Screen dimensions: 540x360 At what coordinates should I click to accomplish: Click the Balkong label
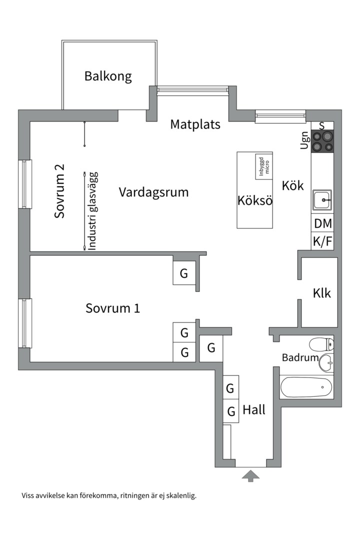tap(108, 76)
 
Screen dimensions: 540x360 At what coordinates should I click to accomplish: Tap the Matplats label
tap(195, 124)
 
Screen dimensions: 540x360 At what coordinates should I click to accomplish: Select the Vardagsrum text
tap(153, 192)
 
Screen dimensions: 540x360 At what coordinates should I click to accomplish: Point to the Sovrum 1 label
tap(112, 308)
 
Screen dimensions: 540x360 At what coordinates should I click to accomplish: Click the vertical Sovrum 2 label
tap(60, 191)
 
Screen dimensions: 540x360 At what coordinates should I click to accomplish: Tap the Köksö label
tap(255, 201)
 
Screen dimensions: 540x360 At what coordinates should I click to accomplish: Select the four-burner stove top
tap(322, 140)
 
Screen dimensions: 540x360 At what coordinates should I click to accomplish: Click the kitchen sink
tap(322, 200)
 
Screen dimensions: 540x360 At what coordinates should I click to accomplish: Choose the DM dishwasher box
tap(322, 223)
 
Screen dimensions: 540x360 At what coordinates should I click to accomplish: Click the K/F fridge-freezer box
tap(322, 242)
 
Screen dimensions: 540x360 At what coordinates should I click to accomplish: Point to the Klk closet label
tap(321, 293)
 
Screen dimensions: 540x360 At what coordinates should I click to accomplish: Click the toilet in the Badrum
tap(321, 344)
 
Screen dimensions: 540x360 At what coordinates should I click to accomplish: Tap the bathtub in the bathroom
tap(306, 386)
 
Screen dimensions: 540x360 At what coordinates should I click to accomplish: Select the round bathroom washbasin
tap(326, 362)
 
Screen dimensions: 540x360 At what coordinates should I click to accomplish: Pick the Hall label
tap(254, 410)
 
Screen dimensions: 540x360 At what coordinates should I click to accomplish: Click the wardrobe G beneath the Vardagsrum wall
tap(184, 273)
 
